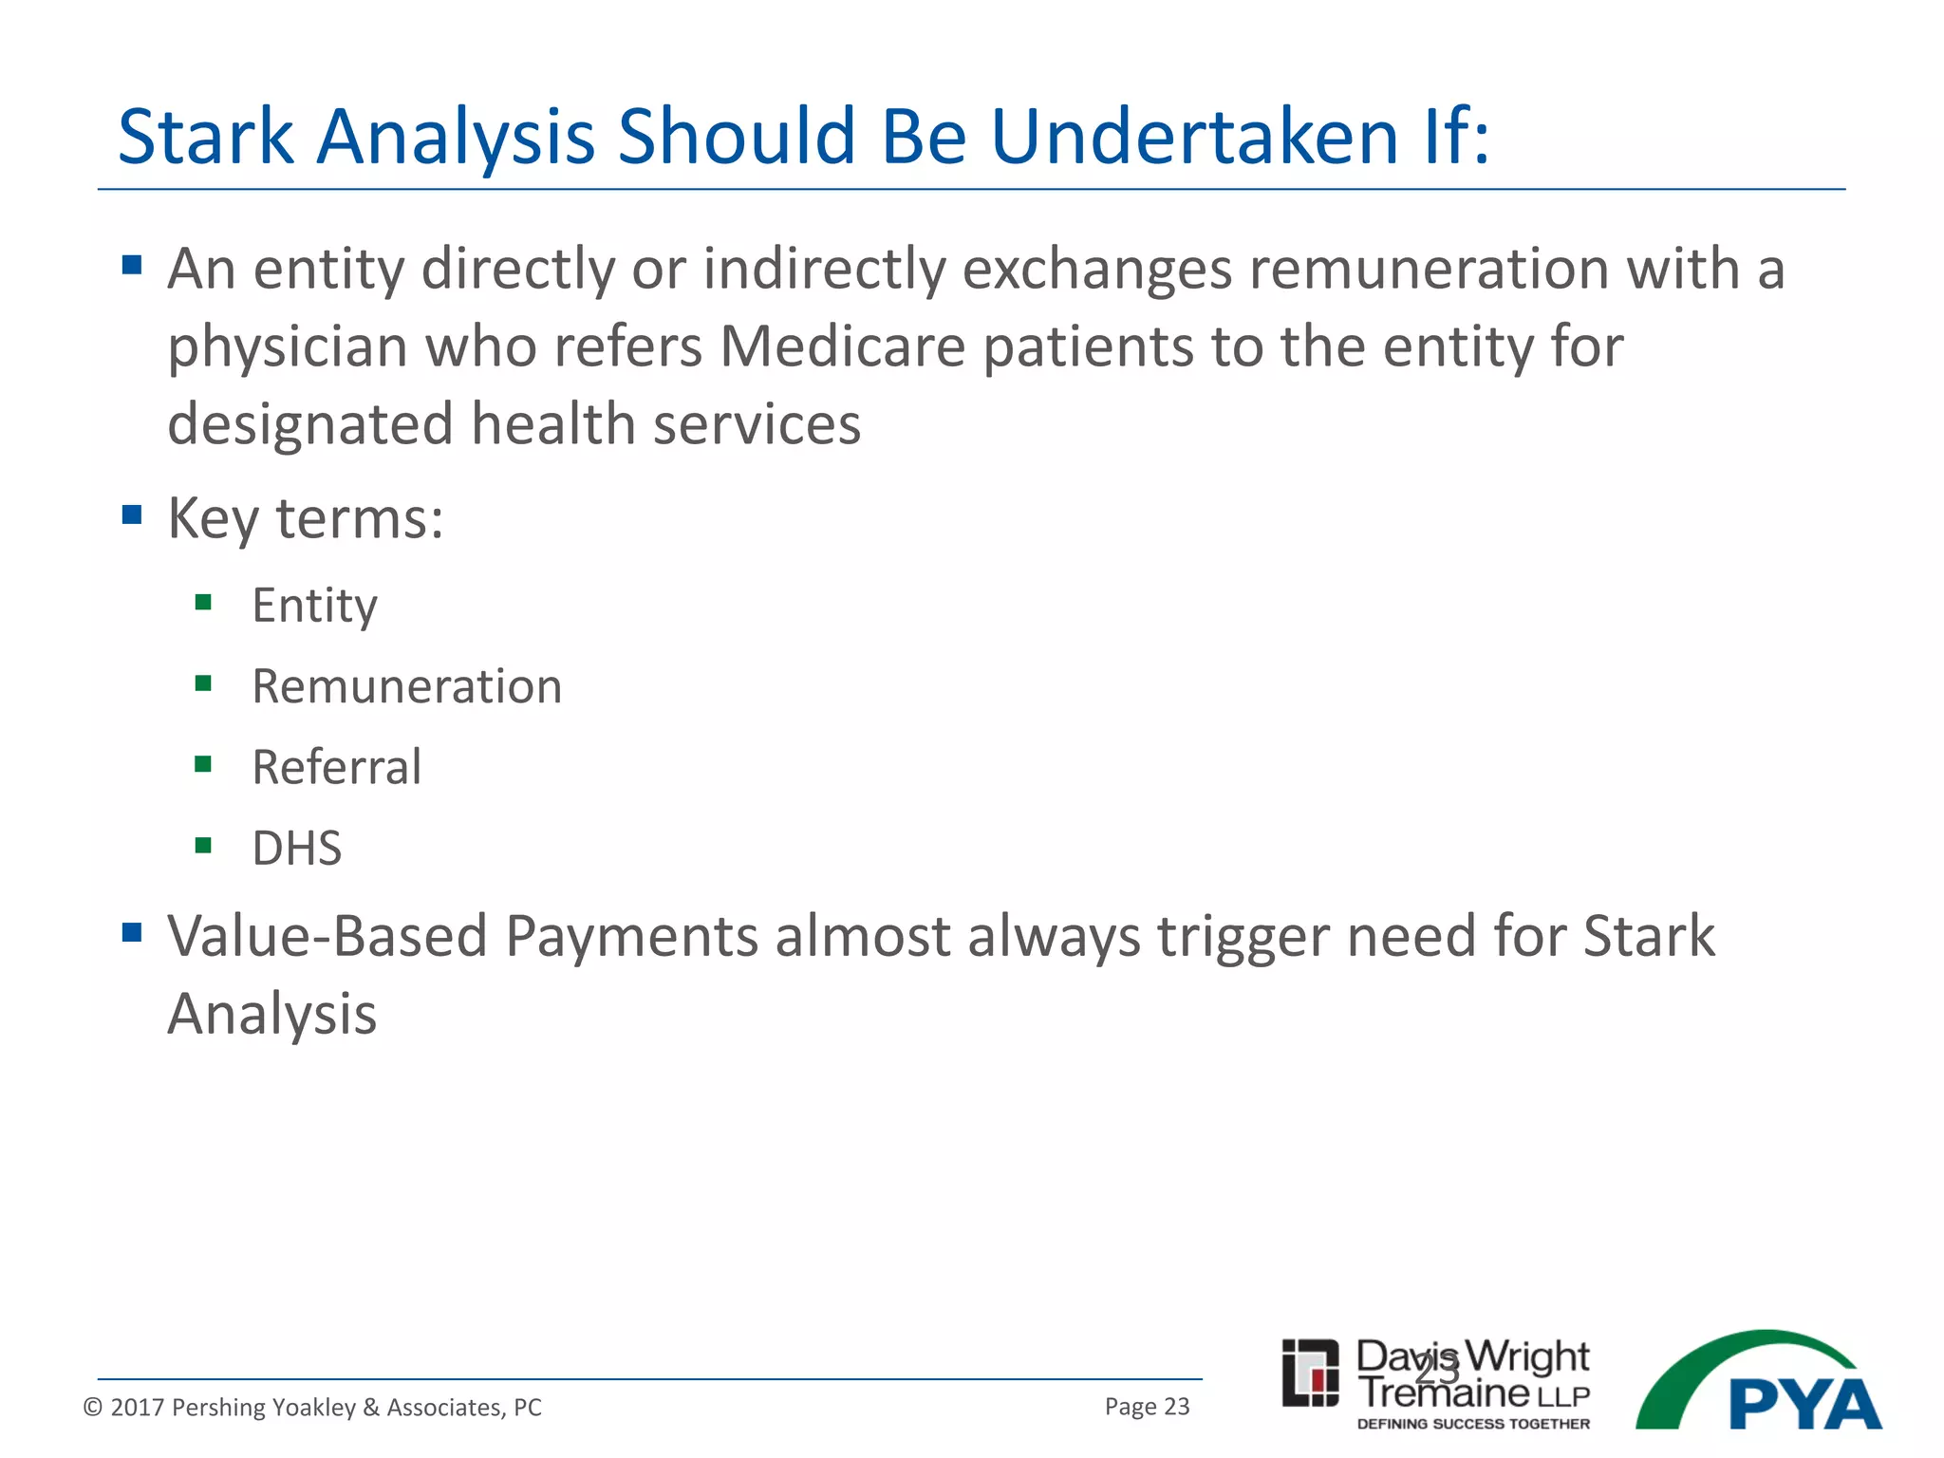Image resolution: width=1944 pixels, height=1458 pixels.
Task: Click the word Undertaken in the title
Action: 1194,137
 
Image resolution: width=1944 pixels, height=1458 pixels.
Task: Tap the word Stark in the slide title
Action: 206,137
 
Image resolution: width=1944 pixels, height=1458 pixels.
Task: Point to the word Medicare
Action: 842,346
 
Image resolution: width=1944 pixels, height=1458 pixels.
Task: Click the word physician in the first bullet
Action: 288,348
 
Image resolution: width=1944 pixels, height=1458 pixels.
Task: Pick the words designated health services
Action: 514,423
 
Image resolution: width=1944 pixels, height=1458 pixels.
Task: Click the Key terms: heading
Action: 305,519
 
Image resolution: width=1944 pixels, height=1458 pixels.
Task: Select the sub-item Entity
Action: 314,606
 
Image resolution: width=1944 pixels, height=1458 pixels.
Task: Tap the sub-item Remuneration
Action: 406,686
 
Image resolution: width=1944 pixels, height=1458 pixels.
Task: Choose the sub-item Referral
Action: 336,767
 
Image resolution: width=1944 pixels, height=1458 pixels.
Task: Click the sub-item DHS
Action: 296,848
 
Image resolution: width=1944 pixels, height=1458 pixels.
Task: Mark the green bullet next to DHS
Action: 203,845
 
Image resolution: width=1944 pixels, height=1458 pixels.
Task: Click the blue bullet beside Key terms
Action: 132,515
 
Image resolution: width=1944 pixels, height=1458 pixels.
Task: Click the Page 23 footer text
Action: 1147,1406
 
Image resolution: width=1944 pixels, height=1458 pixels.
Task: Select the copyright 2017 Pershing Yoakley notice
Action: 312,1407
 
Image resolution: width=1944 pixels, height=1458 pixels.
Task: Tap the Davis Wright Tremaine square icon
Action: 1310,1373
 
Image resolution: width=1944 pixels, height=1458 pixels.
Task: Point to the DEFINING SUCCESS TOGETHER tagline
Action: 1473,1424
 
